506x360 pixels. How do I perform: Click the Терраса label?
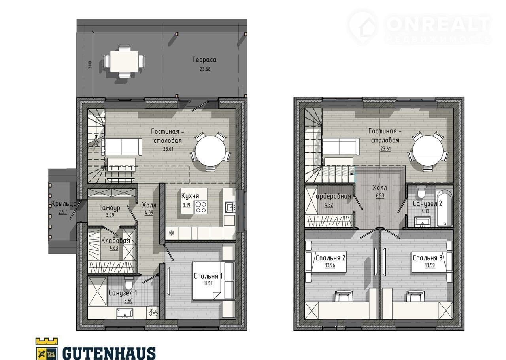point(204,60)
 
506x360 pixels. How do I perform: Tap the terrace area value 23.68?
point(205,69)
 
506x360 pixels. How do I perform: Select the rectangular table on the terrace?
point(125,61)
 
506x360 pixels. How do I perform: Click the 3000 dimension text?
point(90,65)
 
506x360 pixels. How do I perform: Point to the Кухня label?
point(190,196)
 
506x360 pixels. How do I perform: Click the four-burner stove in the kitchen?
point(200,207)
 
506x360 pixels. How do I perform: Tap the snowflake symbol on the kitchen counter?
point(172,233)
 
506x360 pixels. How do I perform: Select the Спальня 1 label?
point(208,276)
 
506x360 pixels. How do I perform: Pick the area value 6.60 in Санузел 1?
point(128,301)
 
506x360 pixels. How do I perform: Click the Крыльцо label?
point(64,204)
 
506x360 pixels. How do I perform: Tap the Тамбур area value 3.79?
point(110,215)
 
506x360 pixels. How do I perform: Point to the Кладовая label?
point(115,241)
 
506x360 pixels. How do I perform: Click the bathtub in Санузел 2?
point(445,208)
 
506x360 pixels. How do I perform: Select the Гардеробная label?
point(331,196)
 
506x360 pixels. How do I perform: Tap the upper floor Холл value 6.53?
point(380,195)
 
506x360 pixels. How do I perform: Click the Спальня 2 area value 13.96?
point(330,265)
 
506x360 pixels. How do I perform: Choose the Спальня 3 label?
point(427,258)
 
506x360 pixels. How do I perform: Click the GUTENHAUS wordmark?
point(109,353)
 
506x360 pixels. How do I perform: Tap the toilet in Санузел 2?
point(421,192)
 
